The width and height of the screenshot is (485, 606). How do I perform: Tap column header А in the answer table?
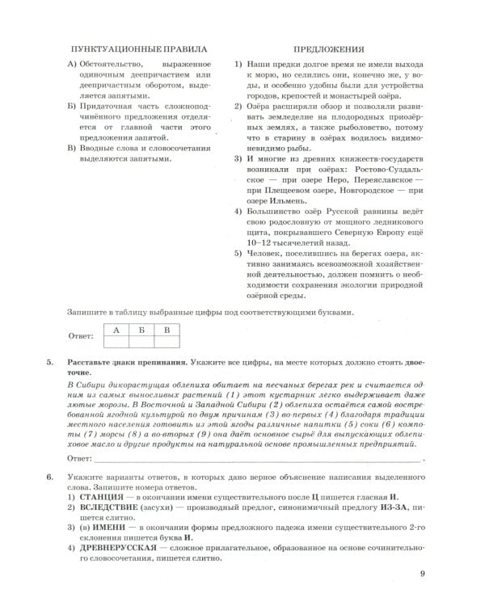tap(116, 330)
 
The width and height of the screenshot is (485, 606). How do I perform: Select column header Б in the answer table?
tap(141, 330)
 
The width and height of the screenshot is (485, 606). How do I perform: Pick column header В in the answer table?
tap(167, 330)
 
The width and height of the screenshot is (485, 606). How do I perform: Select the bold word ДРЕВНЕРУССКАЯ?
tap(117, 545)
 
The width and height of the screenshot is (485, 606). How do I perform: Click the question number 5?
tap(49, 364)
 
